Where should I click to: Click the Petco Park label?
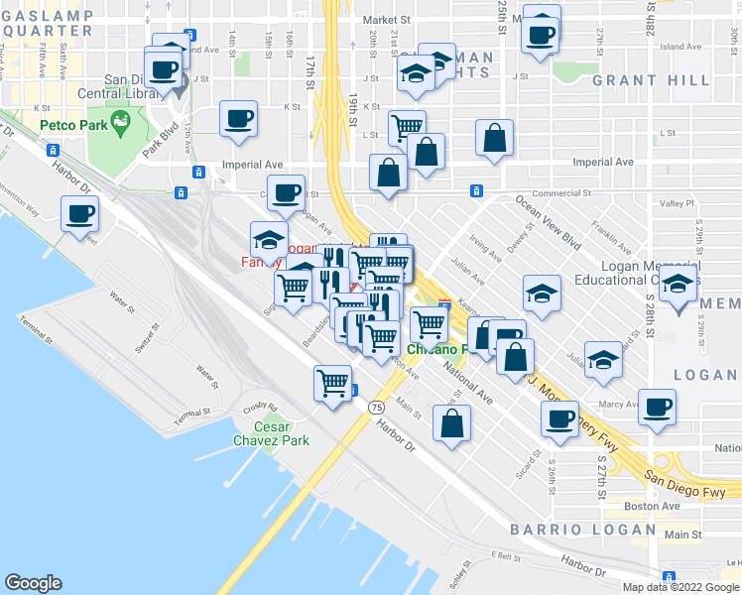tap(74, 126)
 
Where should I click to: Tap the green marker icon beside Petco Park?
tap(121, 123)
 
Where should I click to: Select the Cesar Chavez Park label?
tap(270, 433)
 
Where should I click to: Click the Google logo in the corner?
tap(33, 582)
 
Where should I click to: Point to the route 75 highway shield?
tap(376, 408)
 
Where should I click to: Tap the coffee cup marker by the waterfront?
tap(79, 212)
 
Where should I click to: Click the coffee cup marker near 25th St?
tap(541, 34)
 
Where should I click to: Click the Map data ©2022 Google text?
tap(680, 587)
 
